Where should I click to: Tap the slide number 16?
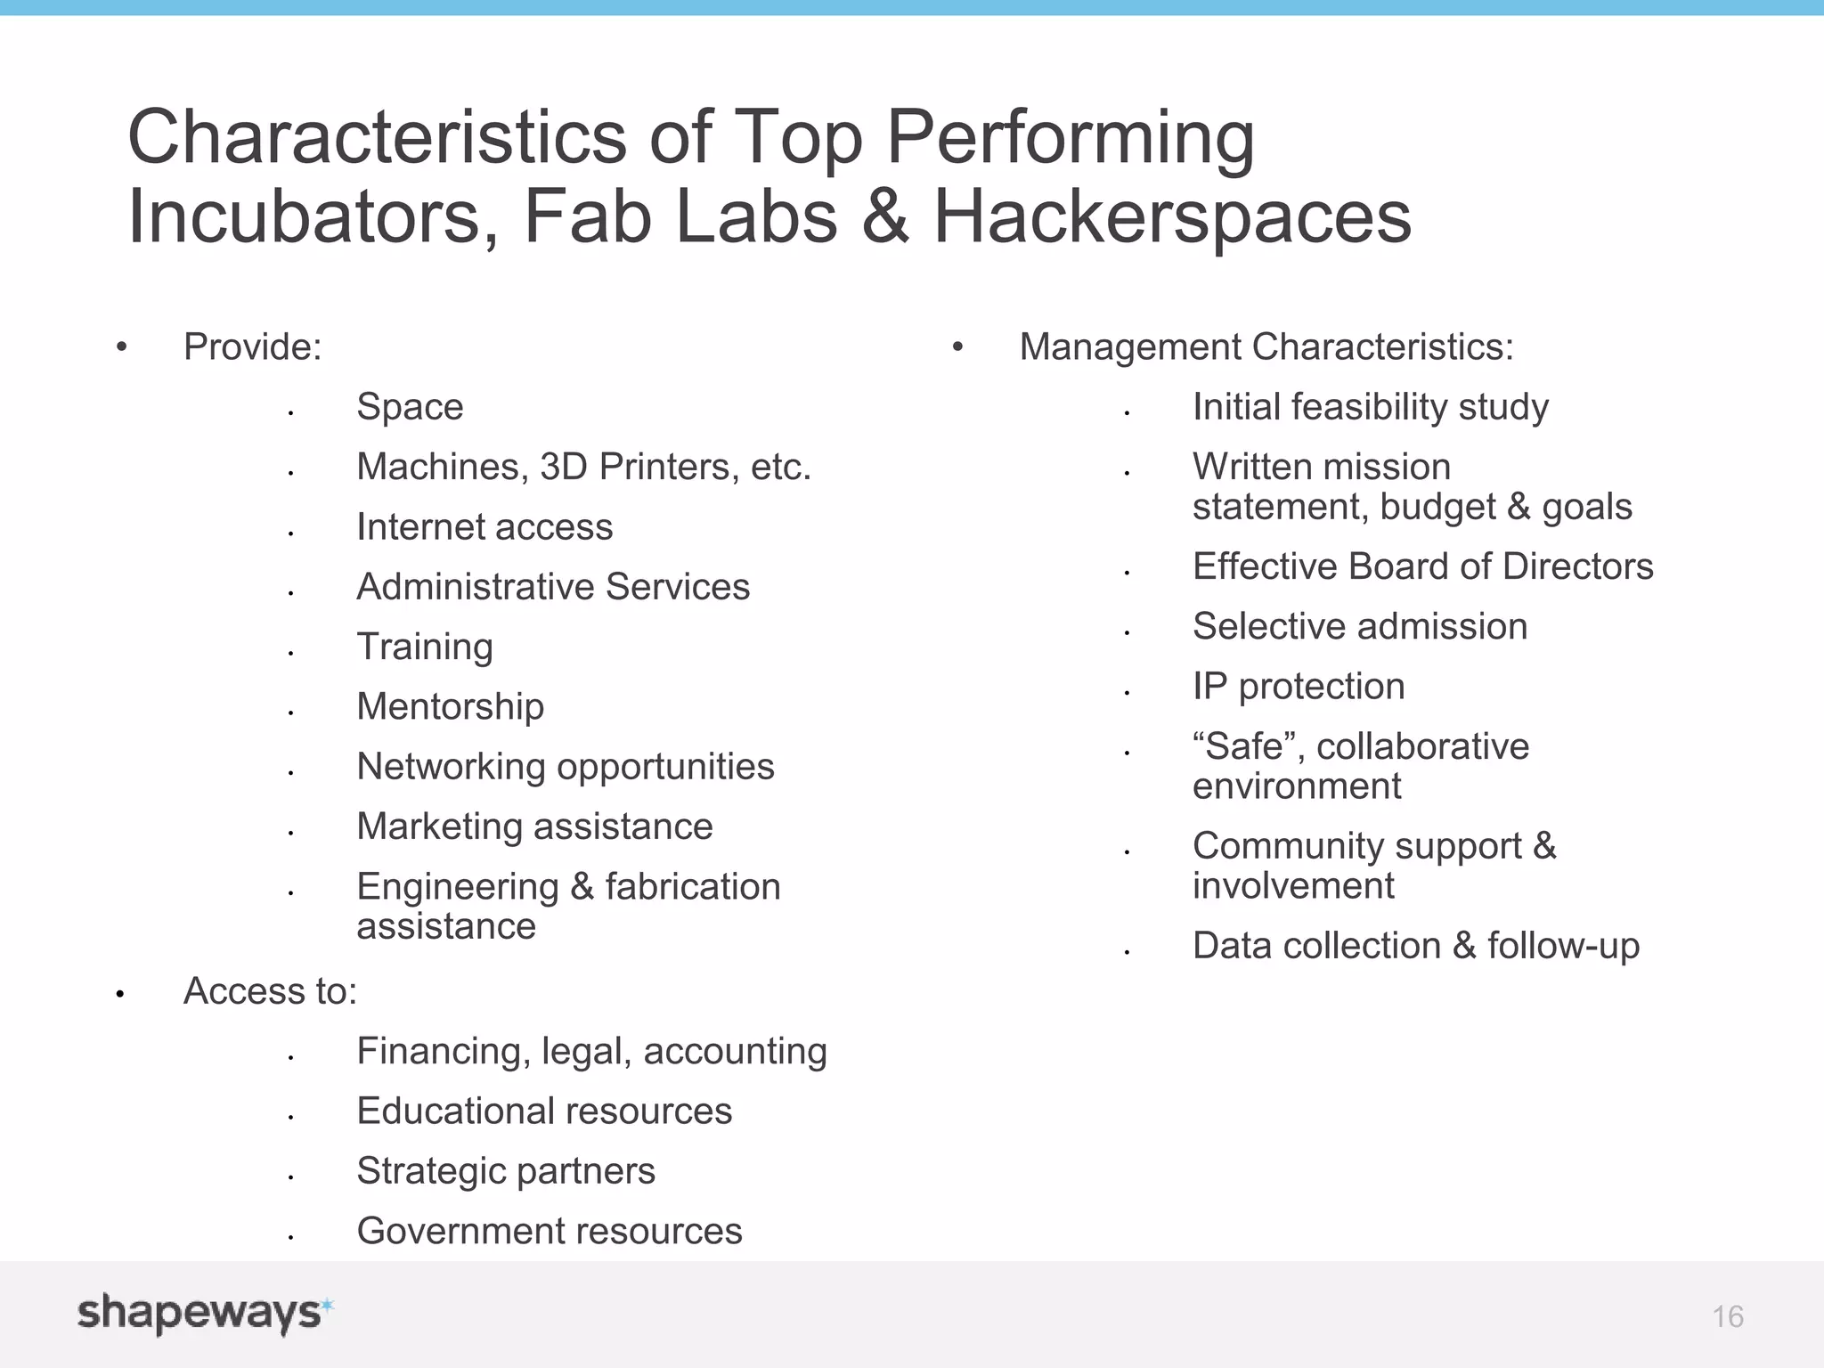tap(1727, 1316)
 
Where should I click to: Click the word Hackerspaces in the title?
tap(1172, 216)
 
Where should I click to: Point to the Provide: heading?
tap(252, 347)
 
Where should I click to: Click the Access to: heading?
tap(270, 991)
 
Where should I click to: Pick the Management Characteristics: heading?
tap(1266, 347)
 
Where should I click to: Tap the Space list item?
tap(410, 407)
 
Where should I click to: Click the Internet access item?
tap(484, 527)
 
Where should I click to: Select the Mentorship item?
tap(450, 707)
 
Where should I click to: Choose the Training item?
tap(425, 647)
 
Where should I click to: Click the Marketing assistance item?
tap(534, 826)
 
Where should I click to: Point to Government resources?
tap(549, 1231)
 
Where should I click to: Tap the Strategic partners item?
tap(506, 1171)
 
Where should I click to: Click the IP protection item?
tap(1299, 687)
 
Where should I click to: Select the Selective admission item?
tap(1359, 627)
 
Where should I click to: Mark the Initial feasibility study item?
tap(1370, 407)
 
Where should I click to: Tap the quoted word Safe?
tap(1243, 746)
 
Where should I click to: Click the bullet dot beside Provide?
tap(122, 346)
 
